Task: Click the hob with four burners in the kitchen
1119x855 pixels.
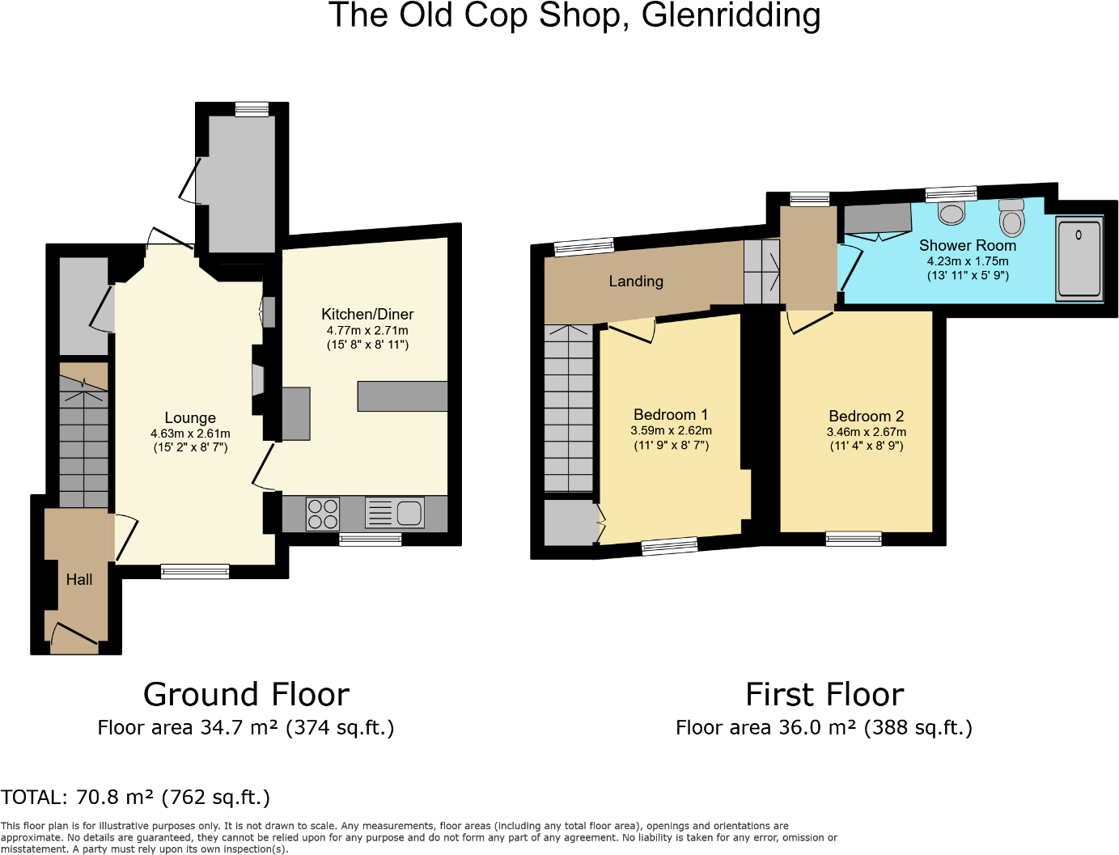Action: click(322, 514)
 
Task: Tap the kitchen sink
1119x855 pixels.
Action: click(395, 513)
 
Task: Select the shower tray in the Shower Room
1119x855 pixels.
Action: click(1079, 259)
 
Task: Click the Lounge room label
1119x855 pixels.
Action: click(190, 418)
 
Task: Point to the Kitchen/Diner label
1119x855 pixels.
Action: click(367, 314)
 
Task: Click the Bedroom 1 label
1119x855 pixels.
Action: click(671, 415)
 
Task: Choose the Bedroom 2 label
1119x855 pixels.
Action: click(866, 417)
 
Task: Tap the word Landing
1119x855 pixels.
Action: click(636, 281)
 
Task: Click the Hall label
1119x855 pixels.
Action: click(79, 579)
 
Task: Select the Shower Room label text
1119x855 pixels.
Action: click(967, 245)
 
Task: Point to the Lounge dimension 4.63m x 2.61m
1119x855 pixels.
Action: click(190, 434)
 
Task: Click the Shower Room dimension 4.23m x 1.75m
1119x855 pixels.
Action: click(967, 261)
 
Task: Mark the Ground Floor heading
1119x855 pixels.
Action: click(246, 694)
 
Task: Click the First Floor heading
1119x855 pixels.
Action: click(824, 694)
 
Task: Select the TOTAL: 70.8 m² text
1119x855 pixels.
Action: click(135, 798)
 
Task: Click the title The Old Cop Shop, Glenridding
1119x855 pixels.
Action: click(574, 16)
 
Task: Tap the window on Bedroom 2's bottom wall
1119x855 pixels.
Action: click(854, 539)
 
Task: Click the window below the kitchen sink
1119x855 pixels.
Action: click(371, 540)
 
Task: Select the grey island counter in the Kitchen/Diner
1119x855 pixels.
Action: click(402, 396)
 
